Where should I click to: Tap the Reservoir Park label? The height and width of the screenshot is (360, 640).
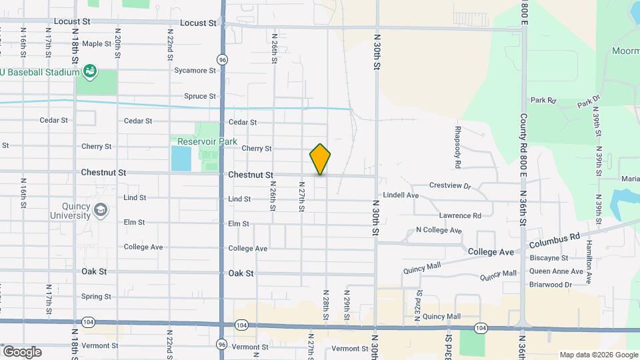tap(207, 141)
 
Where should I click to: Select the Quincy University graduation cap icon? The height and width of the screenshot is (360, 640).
tap(100, 210)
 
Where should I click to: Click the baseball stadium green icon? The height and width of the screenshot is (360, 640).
tap(91, 71)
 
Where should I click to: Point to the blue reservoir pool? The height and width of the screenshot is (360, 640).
tap(179, 159)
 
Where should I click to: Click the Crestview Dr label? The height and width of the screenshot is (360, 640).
tap(450, 185)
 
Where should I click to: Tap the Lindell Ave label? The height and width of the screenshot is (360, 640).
tap(401, 195)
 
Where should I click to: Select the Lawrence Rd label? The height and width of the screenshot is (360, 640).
tap(459, 216)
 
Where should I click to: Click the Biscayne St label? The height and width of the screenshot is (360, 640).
tap(548, 258)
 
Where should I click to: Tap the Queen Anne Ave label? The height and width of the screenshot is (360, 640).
tap(551, 271)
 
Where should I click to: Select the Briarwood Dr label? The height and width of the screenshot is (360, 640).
tap(550, 285)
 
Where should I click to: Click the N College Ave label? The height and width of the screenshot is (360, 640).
tap(439, 231)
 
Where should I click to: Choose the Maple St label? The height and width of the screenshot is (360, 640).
tap(97, 44)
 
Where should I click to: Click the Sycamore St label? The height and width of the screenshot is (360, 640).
tap(195, 70)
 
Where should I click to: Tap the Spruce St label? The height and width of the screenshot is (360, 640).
tap(200, 96)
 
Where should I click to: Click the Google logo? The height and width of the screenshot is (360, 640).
tap(21, 352)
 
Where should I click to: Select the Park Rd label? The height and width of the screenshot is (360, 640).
tap(543, 101)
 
